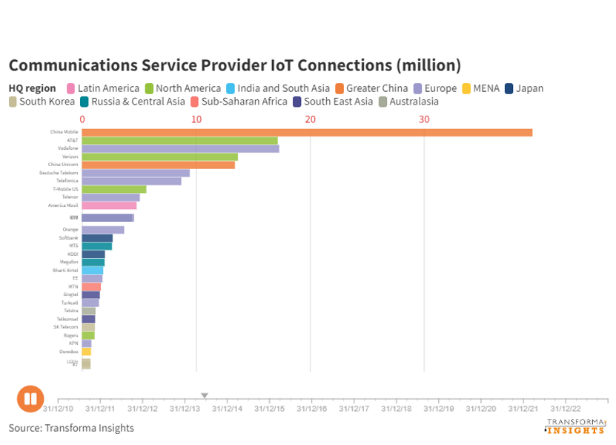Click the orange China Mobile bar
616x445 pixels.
(x=307, y=133)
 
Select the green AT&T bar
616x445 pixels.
(x=179, y=141)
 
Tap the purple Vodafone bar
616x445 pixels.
(x=180, y=149)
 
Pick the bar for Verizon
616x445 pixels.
(x=159, y=157)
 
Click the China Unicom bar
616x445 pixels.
(x=158, y=165)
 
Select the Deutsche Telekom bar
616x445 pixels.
(x=136, y=174)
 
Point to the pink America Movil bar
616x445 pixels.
(x=109, y=205)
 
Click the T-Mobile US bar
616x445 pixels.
(x=114, y=189)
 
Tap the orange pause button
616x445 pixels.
(x=30, y=398)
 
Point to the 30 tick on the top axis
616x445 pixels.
(x=424, y=119)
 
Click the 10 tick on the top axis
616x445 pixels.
(x=196, y=119)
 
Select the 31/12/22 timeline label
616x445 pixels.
(x=566, y=408)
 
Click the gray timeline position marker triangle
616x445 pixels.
(x=205, y=396)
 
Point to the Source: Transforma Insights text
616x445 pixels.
(x=71, y=428)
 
